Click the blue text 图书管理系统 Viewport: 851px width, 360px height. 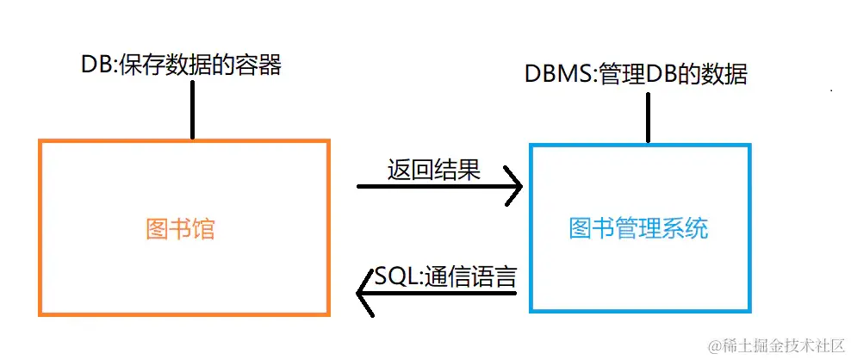[x=639, y=229]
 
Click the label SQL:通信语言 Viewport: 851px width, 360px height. [x=446, y=277]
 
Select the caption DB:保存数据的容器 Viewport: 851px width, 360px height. [x=181, y=65]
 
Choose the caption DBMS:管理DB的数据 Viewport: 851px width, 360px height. [x=636, y=74]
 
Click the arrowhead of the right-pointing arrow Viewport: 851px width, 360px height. [x=515, y=185]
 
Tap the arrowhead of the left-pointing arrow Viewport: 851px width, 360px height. [x=363, y=297]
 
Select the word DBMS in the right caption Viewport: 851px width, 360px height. [x=551, y=74]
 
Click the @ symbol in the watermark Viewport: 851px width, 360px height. [x=714, y=345]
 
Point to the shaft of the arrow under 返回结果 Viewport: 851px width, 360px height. [x=431, y=185]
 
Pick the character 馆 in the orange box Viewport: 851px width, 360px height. [x=203, y=230]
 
